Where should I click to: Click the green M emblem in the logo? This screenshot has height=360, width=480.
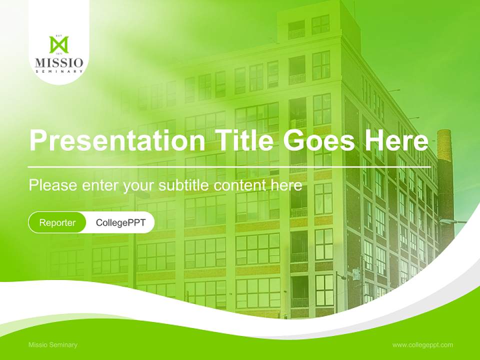(x=59, y=44)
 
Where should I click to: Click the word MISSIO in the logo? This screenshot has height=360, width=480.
(x=59, y=63)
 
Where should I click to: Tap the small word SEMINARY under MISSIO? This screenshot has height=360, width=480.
(x=59, y=71)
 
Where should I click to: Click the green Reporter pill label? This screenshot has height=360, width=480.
(x=57, y=222)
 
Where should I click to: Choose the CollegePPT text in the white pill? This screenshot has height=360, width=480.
(x=120, y=222)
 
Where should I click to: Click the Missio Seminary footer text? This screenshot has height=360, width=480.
(x=53, y=344)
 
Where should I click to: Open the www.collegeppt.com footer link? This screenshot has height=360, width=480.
(x=422, y=344)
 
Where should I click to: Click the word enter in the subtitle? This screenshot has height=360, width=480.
(x=100, y=185)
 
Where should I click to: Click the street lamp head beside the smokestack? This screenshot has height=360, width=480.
(x=446, y=221)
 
